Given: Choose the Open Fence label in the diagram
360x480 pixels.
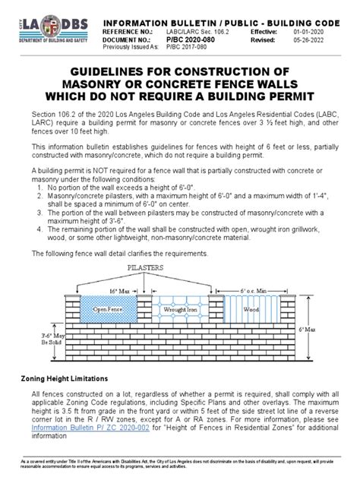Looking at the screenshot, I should pos(108,309).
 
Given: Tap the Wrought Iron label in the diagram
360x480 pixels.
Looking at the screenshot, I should pos(180,309).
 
